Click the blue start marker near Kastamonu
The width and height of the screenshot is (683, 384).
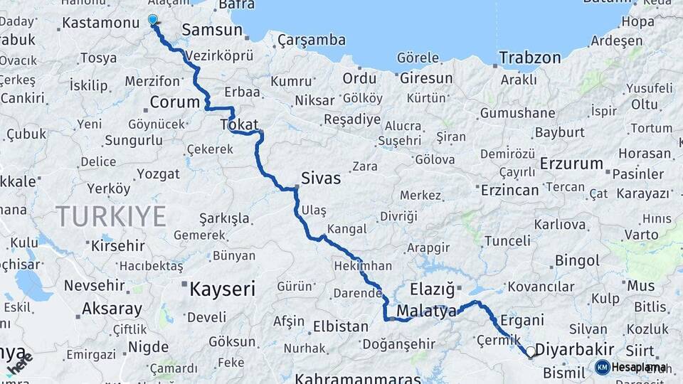click(x=153, y=20)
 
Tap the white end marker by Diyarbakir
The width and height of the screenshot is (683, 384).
click(x=530, y=351)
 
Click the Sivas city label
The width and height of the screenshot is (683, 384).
click(x=321, y=178)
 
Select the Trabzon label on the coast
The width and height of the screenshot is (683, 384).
click(x=529, y=58)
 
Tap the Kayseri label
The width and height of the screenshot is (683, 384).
click(x=222, y=288)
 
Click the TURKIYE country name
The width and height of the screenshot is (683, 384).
click(x=111, y=215)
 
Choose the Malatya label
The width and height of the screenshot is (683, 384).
click(x=426, y=311)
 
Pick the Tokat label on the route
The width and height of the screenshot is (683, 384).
click(x=239, y=124)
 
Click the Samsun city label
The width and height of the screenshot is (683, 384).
click(x=213, y=30)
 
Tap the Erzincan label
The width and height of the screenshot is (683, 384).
click(x=509, y=190)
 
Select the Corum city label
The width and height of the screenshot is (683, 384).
click(x=175, y=102)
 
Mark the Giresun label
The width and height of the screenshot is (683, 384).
click(x=426, y=78)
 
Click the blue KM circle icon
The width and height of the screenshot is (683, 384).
click(x=602, y=367)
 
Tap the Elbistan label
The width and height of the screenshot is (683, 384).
click(x=341, y=327)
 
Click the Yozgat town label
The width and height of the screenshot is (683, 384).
click(x=159, y=173)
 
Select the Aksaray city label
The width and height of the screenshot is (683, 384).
click(x=112, y=309)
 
